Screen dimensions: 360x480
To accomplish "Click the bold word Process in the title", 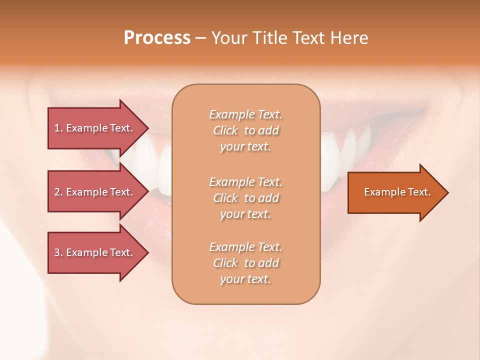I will click(x=157, y=38).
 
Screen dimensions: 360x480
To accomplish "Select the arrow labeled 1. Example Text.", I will click(x=93, y=128).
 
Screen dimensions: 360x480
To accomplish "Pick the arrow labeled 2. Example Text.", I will click(x=93, y=192).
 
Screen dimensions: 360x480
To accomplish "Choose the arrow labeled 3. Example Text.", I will click(x=93, y=252).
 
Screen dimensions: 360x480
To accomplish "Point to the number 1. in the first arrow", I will click(x=58, y=128).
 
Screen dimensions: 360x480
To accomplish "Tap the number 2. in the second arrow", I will click(x=58, y=192).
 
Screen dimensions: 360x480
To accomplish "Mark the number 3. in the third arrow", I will click(x=58, y=252).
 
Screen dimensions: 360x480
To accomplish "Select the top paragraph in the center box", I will click(x=245, y=130).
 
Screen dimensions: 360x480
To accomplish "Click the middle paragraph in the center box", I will click(x=245, y=198).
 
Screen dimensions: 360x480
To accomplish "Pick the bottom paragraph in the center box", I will click(x=245, y=263).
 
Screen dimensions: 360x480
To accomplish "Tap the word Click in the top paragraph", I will click(x=225, y=131).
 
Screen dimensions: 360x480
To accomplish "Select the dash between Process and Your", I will click(x=200, y=38).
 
